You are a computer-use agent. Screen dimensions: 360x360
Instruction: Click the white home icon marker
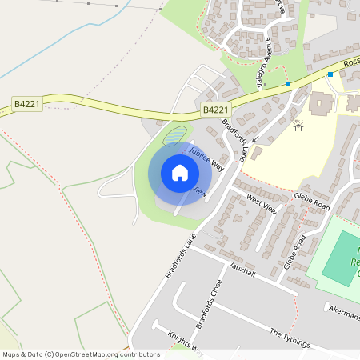click(x=179, y=173)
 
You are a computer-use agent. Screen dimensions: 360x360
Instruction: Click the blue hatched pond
click(x=175, y=134)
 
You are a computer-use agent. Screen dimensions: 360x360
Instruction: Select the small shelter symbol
click(x=299, y=126)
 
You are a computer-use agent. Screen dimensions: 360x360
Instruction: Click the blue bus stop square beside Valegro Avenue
click(x=287, y=84)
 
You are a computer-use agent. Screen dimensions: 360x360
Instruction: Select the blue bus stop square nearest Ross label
click(x=330, y=74)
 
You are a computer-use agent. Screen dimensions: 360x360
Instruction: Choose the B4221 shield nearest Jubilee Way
click(x=215, y=110)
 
